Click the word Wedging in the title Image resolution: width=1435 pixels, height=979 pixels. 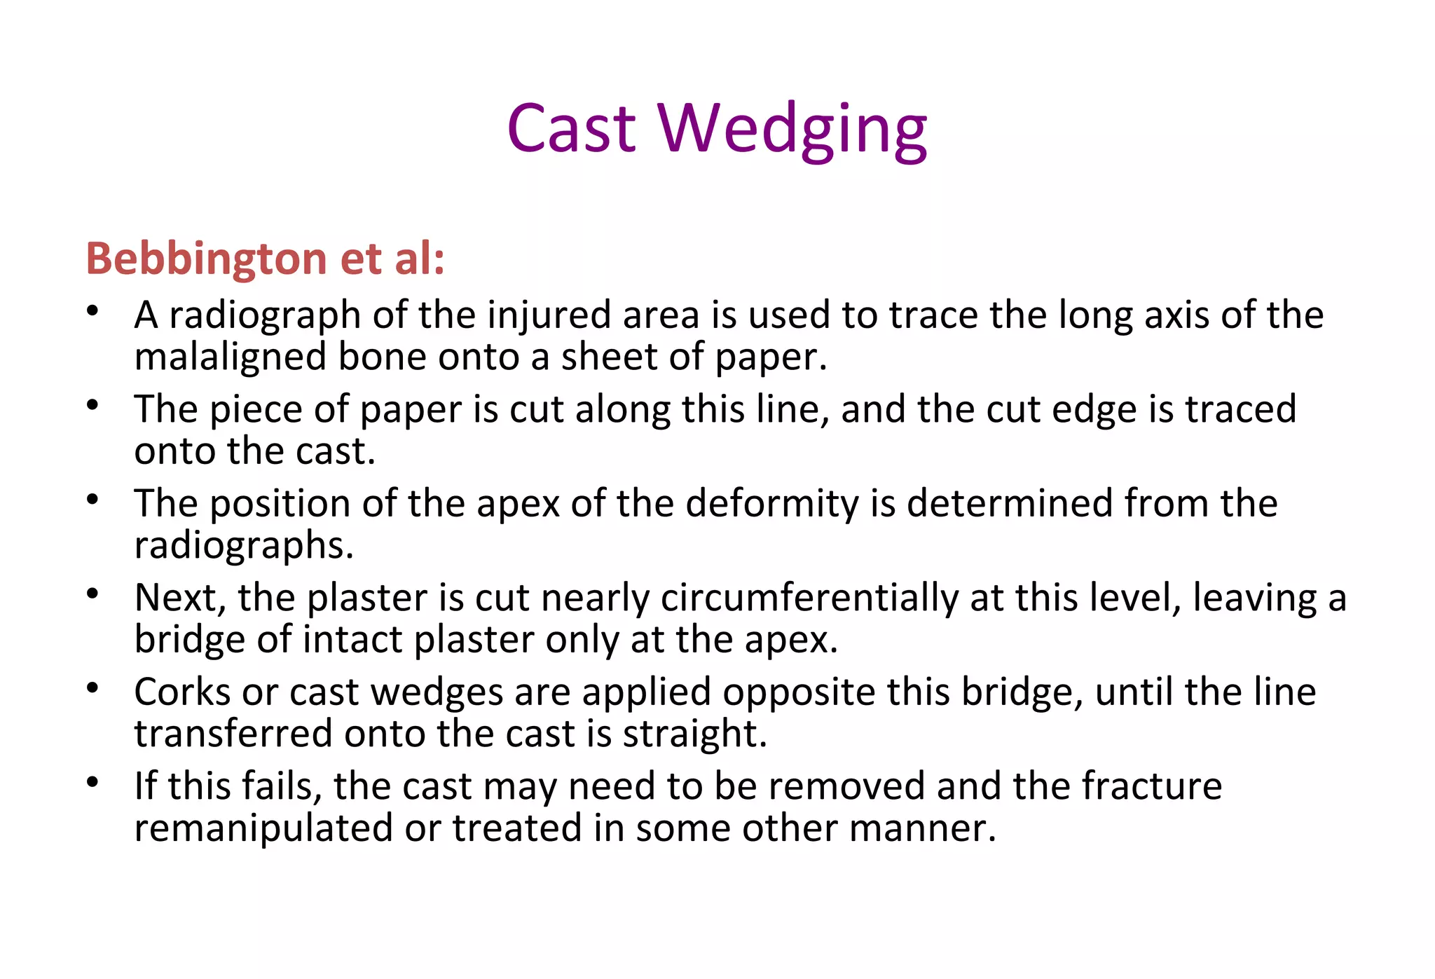792,130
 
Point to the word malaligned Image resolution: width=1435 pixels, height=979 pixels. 231,357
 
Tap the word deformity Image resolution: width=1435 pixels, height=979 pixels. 771,505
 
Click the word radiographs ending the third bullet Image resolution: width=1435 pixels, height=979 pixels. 243,545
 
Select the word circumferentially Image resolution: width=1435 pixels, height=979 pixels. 809,599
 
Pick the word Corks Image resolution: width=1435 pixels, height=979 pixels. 182,692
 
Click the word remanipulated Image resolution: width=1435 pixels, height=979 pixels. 263,829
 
